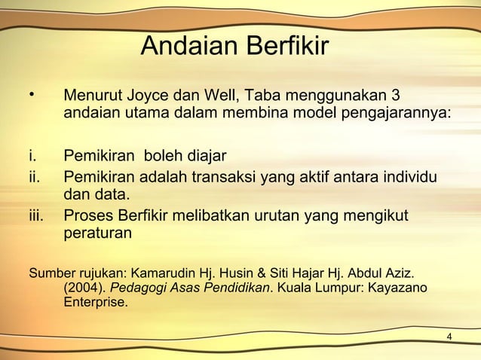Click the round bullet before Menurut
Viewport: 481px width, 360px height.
[32, 96]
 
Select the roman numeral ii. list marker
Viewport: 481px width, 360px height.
[35, 178]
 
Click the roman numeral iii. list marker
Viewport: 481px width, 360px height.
[37, 217]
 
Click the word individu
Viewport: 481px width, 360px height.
[412, 178]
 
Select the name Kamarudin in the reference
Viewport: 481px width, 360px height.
[161, 271]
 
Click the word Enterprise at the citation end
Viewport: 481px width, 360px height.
[96, 305]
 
